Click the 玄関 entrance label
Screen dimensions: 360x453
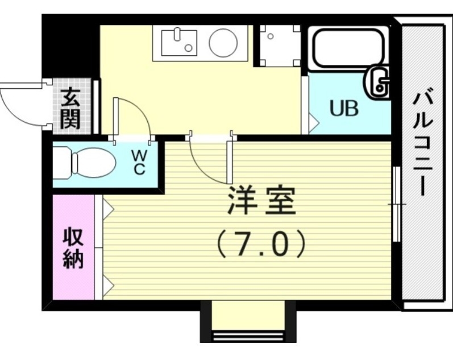pos(71,109)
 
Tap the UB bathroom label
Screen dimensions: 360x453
pos(345,108)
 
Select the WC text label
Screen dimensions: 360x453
pos(139,162)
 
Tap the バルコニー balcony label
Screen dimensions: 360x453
pos(423,142)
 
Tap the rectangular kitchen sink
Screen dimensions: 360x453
pos(178,42)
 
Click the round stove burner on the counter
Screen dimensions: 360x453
pos(223,42)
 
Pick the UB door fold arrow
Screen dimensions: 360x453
pos(312,120)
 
